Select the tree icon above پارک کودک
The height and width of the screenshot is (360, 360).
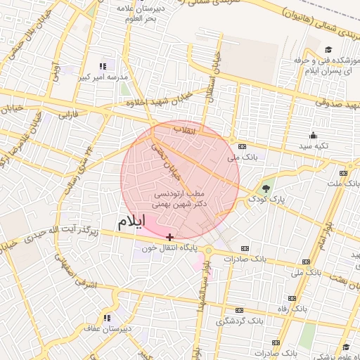click(266, 188)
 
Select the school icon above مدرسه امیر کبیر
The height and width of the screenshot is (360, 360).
click(107, 66)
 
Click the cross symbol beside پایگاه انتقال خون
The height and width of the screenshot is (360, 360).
click(170, 237)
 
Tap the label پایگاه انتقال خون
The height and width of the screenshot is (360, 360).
click(168, 248)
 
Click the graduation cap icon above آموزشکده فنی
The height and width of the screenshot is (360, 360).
click(328, 50)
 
